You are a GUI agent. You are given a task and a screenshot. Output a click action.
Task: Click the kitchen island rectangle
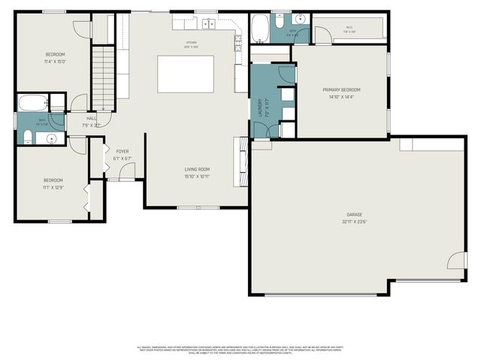[x=185, y=74]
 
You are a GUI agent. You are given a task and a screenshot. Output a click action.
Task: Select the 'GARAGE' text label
[x=354, y=214]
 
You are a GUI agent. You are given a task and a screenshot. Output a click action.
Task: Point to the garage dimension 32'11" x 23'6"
[x=354, y=222]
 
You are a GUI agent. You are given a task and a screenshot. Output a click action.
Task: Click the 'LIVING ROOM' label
[x=197, y=169]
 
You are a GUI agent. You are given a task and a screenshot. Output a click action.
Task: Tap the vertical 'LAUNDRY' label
[x=260, y=106]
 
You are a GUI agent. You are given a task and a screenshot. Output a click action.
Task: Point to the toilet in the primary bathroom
[x=280, y=19]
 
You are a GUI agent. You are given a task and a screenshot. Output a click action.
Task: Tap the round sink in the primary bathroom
[x=300, y=20]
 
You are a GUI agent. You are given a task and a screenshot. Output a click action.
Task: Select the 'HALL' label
[x=91, y=118]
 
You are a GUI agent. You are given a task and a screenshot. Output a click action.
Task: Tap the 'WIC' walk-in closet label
[x=349, y=28]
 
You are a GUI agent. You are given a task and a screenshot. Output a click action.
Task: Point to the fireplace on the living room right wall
[x=242, y=154]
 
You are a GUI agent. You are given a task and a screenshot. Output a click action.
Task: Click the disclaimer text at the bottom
[x=240, y=350]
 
